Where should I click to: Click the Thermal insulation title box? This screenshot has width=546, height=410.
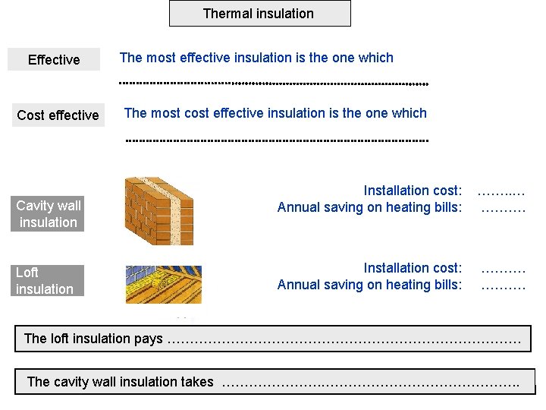[x=259, y=14]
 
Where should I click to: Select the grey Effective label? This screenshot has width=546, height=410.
[x=53, y=59]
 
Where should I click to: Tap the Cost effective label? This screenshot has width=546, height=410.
[x=58, y=115]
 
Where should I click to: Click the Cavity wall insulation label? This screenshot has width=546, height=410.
[x=48, y=213]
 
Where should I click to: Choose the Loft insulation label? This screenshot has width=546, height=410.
[x=45, y=280]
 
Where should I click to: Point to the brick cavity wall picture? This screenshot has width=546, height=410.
[x=159, y=210]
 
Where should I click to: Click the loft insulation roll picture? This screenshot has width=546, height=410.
[x=163, y=284]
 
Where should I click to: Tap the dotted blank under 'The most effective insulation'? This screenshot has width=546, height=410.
[x=274, y=82]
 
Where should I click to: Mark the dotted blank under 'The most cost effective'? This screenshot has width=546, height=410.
[x=276, y=140]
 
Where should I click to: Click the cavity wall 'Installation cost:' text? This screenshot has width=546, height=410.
[x=413, y=191]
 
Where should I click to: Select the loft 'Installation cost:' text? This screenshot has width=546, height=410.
[x=413, y=267]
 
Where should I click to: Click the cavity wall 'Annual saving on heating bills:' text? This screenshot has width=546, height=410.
[x=369, y=207]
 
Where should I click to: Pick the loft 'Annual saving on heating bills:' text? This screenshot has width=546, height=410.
[x=369, y=285]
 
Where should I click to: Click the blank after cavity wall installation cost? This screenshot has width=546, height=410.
[x=501, y=191]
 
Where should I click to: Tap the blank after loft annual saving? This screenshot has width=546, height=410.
[x=504, y=286]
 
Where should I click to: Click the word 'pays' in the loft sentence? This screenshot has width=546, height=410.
[x=149, y=339]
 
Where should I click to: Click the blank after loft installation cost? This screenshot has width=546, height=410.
[x=504, y=269]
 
